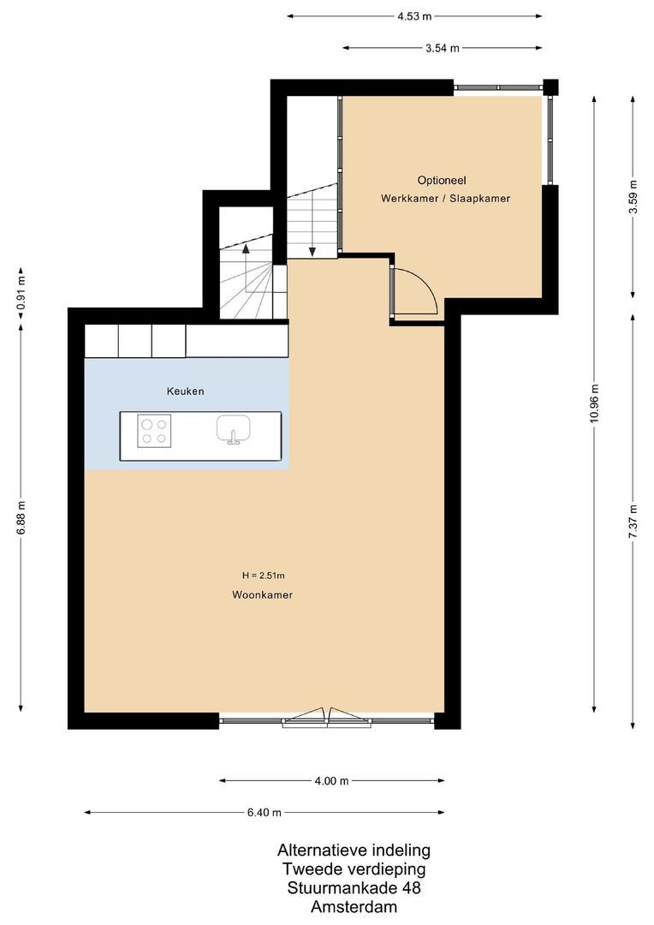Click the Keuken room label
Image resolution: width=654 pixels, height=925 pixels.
tap(185, 391)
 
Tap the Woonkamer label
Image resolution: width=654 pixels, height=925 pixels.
tap(262, 594)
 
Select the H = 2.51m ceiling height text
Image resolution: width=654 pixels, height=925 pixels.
tap(263, 575)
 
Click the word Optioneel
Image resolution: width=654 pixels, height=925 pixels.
tap(441, 180)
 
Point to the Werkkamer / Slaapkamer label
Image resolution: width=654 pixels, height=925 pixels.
tap(445, 198)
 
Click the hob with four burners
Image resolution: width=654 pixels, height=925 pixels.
tap(155, 429)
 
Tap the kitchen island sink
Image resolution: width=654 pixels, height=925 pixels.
tap(231, 429)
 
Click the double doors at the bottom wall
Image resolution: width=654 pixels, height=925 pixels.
tap(328, 718)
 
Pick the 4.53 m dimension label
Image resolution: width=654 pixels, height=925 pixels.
tap(414, 15)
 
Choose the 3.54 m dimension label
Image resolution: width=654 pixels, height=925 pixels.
tap(442, 48)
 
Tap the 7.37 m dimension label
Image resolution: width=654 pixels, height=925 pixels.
tap(633, 518)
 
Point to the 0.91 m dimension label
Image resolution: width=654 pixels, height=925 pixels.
tap(21, 291)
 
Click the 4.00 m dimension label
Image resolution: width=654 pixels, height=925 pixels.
tap(331, 780)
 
